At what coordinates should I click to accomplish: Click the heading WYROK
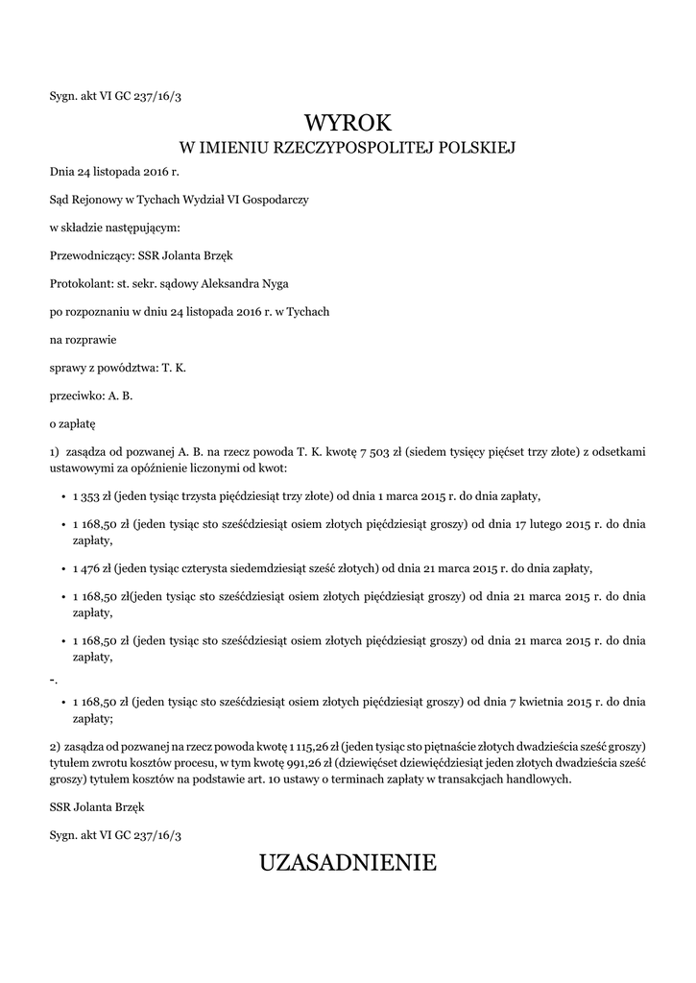[348, 122]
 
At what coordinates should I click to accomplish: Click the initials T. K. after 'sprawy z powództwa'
[174, 367]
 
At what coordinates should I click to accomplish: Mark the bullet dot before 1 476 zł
[62, 568]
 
